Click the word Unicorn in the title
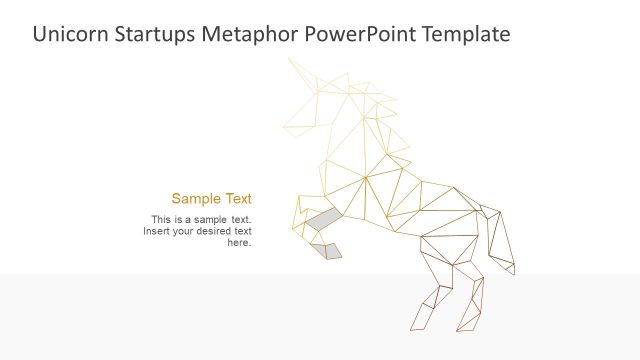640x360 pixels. click(x=69, y=34)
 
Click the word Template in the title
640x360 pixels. click(x=463, y=34)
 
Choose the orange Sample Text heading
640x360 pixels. click(x=211, y=198)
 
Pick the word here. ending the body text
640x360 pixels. click(x=239, y=242)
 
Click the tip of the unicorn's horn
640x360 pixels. click(x=289, y=59)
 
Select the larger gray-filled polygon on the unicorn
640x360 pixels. click(x=322, y=219)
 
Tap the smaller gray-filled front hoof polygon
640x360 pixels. click(x=327, y=250)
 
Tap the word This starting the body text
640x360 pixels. click(x=162, y=219)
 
